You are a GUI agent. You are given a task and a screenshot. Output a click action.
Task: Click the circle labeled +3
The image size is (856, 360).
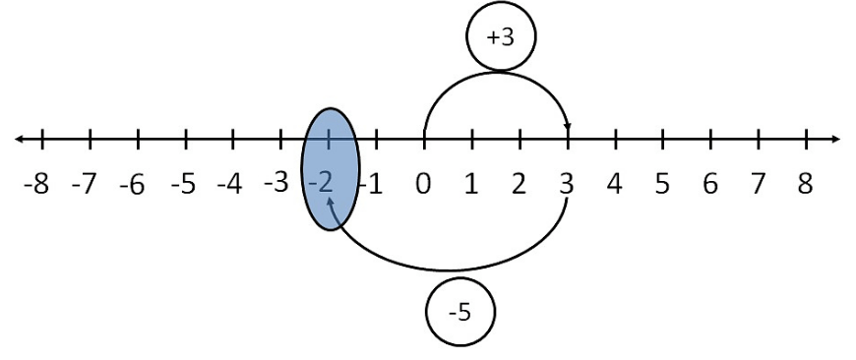[x=499, y=37]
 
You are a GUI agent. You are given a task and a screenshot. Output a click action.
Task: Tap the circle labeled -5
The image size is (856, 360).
[x=459, y=313]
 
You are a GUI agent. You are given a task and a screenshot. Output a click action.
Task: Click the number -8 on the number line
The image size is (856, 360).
[x=36, y=184]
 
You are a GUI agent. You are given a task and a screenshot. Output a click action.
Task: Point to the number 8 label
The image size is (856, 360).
[x=805, y=184]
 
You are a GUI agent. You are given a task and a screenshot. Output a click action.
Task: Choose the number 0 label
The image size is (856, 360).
[x=423, y=184]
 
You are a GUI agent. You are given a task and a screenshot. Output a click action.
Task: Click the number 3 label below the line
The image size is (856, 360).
[x=568, y=184]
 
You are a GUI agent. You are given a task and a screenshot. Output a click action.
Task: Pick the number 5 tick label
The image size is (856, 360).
[x=662, y=184]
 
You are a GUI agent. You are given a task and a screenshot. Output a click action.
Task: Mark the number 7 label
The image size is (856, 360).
[x=758, y=184]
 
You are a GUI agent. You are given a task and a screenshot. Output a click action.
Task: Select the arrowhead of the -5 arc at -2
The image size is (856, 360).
[x=332, y=200]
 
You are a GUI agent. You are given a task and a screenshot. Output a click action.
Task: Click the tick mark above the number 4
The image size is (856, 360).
[x=615, y=139]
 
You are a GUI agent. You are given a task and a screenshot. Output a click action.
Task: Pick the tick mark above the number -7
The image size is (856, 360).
[x=90, y=139]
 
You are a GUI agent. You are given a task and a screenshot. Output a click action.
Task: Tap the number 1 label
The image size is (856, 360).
[x=471, y=184]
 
